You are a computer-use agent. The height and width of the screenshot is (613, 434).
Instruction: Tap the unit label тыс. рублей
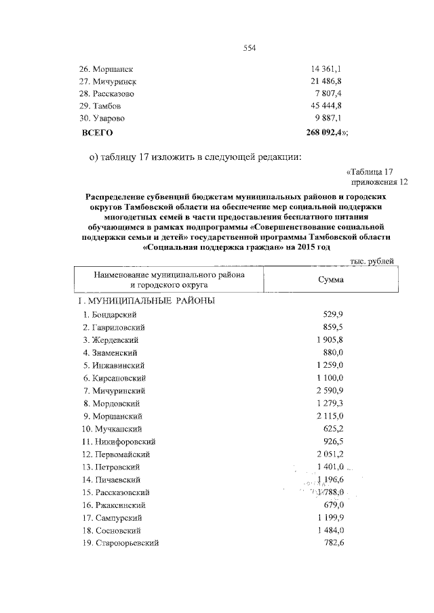pyautogui.click(x=372, y=261)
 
